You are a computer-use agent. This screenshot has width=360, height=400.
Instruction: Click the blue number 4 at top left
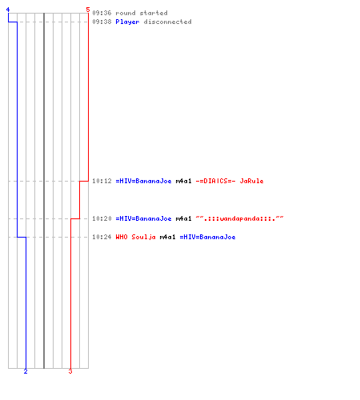[x=8, y=10]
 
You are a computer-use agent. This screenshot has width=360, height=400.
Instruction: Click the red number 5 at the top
[x=88, y=10]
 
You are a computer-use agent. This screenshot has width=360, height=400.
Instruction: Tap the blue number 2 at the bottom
[x=26, y=371]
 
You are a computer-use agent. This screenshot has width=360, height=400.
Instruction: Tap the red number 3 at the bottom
[x=70, y=371]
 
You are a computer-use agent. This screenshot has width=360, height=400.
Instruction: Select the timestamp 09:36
[x=102, y=13]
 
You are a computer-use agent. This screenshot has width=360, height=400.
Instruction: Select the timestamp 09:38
[x=102, y=22]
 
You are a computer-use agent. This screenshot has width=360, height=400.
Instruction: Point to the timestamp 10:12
[x=102, y=181]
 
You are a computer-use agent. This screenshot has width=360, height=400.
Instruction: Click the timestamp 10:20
[x=102, y=218]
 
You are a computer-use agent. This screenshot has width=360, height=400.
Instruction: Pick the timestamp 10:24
[x=102, y=237]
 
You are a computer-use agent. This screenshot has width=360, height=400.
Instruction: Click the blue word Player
[x=127, y=22]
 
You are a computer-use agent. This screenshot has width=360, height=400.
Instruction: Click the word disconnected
[x=167, y=22]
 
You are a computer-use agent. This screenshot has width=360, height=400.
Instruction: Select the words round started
[x=142, y=13]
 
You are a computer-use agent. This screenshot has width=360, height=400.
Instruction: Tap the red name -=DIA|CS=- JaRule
[x=230, y=181]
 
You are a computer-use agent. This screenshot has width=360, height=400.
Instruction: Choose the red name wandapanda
[x=239, y=218]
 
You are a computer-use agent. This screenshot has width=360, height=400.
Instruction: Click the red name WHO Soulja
[x=135, y=237]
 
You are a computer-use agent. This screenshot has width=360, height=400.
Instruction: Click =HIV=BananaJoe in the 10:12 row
[x=143, y=181]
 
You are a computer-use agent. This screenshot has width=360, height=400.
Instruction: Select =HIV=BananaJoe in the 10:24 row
[x=207, y=237]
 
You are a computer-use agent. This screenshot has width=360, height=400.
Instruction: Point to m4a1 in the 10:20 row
[x=183, y=218]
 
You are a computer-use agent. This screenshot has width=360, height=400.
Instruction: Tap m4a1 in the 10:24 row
[x=167, y=237]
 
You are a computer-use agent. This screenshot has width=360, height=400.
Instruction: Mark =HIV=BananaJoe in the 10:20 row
[x=143, y=218]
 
